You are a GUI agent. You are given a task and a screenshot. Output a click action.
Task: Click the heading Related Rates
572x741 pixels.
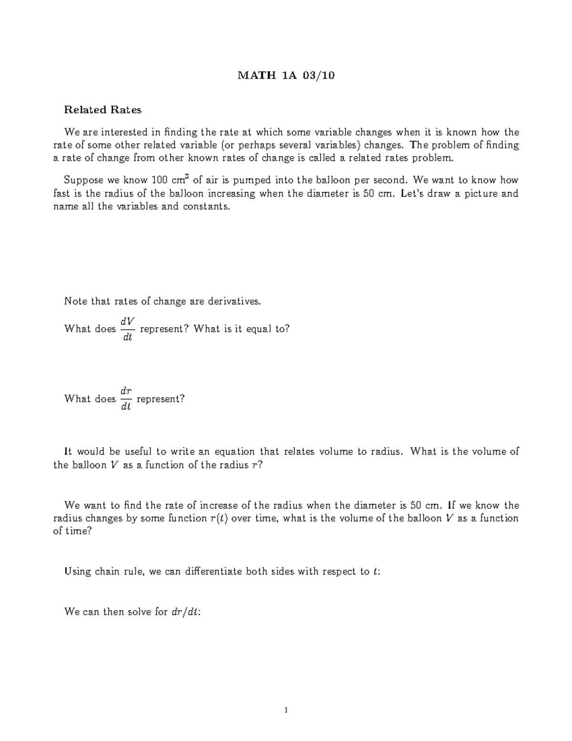point(103,110)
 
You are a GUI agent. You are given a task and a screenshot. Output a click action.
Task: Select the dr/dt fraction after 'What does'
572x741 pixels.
point(126,399)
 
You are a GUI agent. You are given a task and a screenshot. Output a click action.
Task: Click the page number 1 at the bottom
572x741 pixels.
point(286,710)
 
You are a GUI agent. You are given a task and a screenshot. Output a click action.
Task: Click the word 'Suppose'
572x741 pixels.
point(82,180)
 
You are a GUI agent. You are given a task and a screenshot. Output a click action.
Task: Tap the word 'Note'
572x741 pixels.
point(75,302)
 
